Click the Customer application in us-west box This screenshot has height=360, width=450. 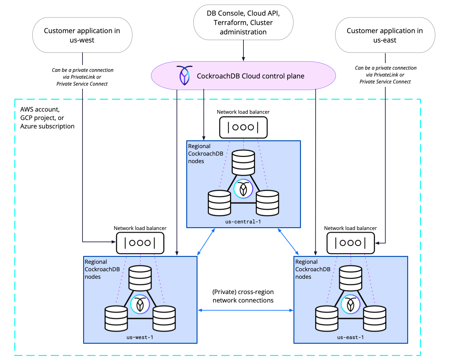[82, 35]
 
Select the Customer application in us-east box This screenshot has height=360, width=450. [385, 35]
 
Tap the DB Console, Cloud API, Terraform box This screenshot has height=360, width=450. [243, 22]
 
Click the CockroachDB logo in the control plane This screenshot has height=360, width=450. [184, 75]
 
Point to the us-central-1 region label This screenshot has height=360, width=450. [243, 222]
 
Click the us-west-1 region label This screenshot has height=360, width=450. [140, 337]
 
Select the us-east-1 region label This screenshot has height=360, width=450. [350, 337]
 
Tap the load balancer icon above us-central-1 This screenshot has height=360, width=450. [243, 127]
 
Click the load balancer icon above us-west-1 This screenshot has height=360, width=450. [140, 243]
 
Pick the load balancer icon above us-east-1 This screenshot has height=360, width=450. [350, 243]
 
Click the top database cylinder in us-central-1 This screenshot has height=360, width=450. [243, 162]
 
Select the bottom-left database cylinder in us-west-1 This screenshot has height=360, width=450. [116, 319]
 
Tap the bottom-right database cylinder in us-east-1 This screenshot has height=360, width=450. [374, 319]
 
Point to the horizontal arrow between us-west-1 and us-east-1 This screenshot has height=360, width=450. [245, 310]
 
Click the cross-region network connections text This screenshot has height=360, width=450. [243, 296]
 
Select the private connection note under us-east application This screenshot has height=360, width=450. [385, 75]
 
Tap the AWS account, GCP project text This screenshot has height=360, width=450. [47, 118]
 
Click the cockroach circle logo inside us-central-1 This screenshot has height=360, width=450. [243, 189]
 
